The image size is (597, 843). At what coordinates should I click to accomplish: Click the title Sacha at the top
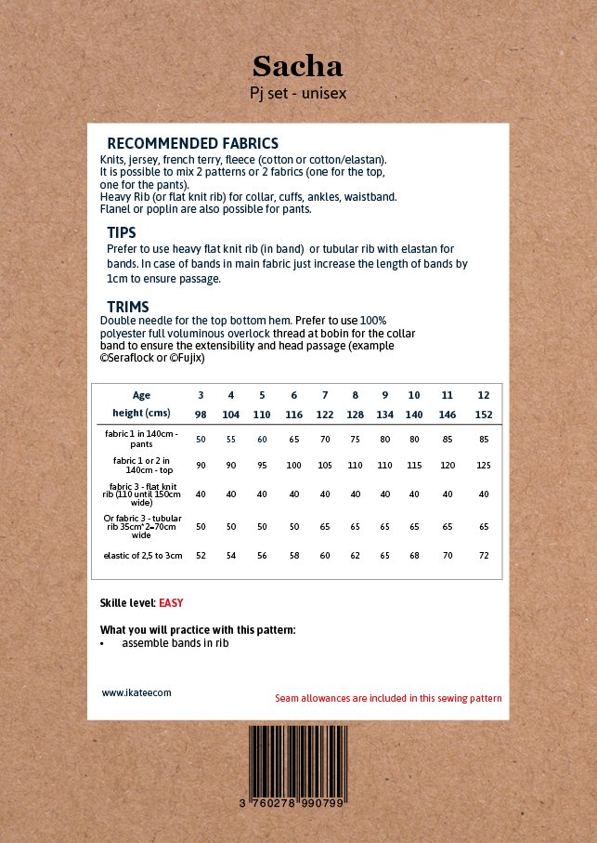tap(298, 66)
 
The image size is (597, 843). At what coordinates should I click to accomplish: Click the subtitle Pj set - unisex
tap(298, 93)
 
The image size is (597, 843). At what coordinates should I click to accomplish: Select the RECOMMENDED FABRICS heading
tap(192, 144)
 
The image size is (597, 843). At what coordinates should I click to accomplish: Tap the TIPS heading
tap(122, 233)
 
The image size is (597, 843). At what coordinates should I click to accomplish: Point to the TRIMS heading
tap(128, 307)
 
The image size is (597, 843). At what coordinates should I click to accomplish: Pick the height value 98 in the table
tap(201, 415)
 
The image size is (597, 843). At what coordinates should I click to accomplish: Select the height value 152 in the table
tap(484, 415)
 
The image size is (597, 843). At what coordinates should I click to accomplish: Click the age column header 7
tap(325, 395)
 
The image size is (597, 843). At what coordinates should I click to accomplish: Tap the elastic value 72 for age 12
tap(484, 555)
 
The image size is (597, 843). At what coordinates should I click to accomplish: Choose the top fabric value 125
tap(484, 465)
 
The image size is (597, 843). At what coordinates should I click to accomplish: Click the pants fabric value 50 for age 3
tap(201, 439)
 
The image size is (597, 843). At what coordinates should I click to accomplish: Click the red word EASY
tap(171, 603)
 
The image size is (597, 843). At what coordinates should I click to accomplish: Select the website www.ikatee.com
tap(136, 692)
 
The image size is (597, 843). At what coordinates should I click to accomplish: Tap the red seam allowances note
tap(388, 698)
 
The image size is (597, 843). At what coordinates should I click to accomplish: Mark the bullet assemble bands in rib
tap(175, 643)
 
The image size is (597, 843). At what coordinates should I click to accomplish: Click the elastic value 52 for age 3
tap(201, 555)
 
